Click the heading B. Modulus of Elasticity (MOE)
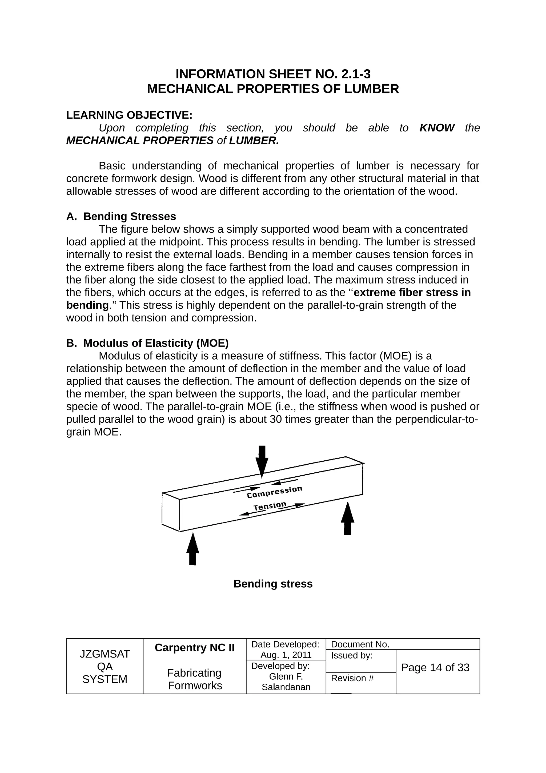[147, 343]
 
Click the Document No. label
[360, 644]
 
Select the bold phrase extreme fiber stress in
[412, 292]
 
